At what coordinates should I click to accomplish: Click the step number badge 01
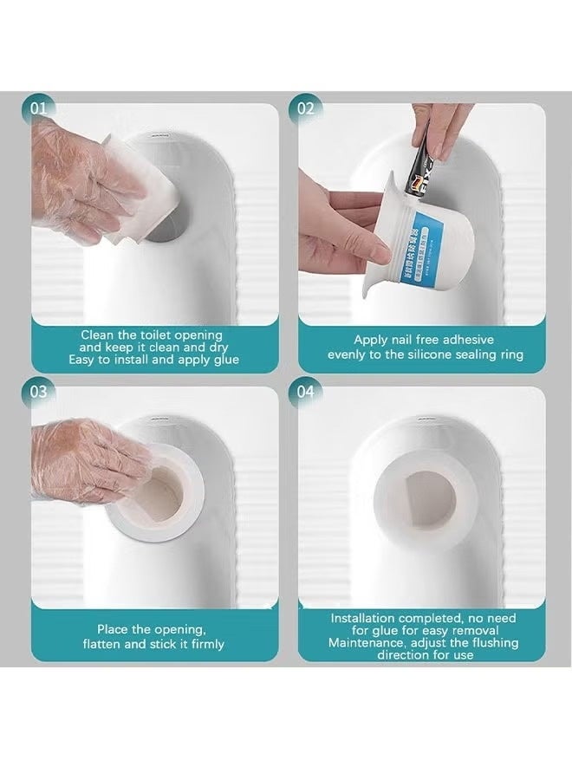[39, 109]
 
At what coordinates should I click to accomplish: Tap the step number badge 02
[306, 109]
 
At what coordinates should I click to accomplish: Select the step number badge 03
[39, 392]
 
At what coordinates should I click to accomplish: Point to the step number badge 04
[306, 392]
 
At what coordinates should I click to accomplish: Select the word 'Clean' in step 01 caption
[98, 335]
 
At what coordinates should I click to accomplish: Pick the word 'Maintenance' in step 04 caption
[364, 643]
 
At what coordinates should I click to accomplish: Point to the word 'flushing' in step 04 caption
[490, 643]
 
